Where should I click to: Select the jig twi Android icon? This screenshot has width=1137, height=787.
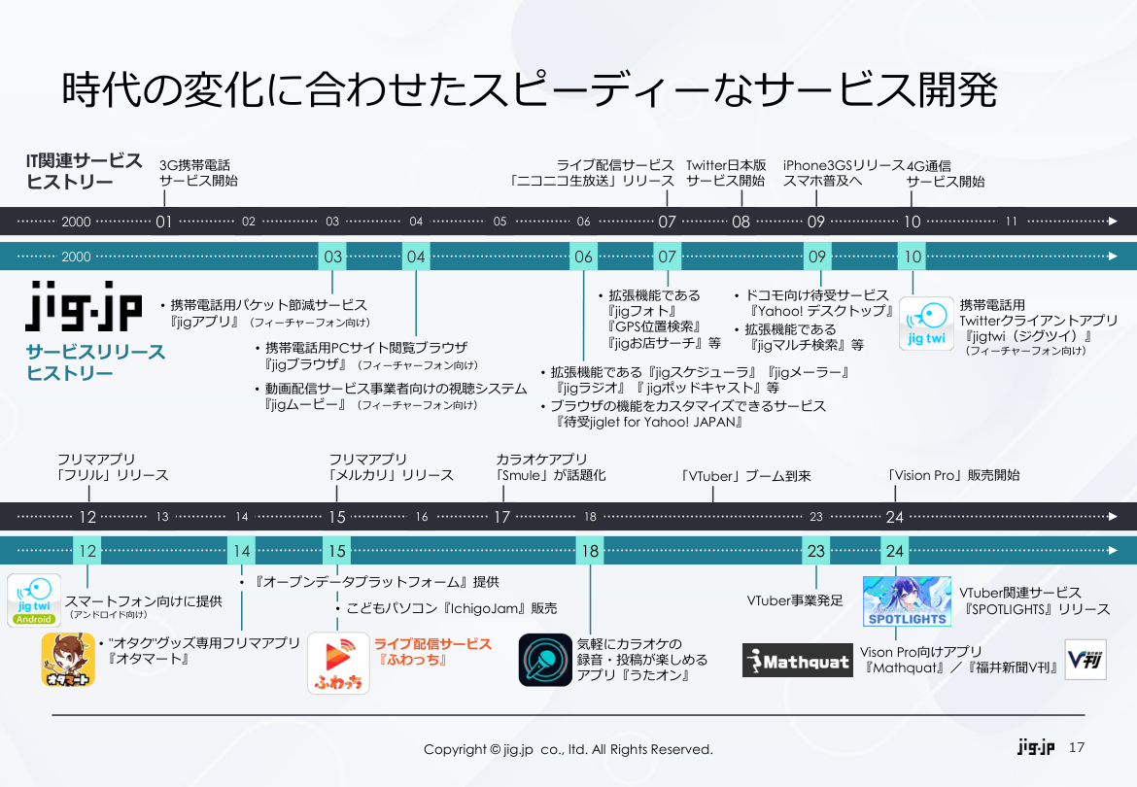click(35, 600)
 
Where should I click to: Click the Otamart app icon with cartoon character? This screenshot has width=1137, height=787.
click(68, 660)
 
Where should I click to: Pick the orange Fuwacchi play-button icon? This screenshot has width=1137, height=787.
click(338, 663)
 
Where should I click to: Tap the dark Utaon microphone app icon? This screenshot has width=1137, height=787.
click(544, 660)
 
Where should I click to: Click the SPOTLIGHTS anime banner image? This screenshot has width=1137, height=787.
click(907, 601)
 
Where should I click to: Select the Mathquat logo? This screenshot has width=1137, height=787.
click(798, 661)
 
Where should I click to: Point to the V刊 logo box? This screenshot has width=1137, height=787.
click(1085, 659)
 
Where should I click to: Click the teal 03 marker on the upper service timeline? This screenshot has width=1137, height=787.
click(333, 257)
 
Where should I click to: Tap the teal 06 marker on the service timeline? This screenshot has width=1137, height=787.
click(583, 257)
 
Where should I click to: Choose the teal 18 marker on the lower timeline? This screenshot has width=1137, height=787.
click(590, 551)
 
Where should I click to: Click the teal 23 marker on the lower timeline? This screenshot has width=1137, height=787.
click(815, 551)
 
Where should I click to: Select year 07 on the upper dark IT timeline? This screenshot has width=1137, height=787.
click(667, 222)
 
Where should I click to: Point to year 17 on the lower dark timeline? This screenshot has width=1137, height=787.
click(501, 517)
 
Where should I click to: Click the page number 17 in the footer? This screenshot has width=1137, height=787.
click(1076, 748)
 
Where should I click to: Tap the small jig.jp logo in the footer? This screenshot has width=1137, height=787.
click(1036, 748)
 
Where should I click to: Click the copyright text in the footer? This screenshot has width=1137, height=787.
click(568, 749)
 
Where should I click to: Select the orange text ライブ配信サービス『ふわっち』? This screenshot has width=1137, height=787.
click(432, 652)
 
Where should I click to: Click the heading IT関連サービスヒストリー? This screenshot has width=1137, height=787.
click(84, 171)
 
